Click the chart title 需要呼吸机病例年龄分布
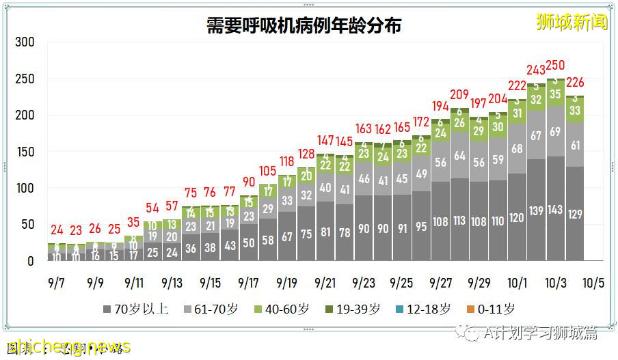point(304,26)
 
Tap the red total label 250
point(555,66)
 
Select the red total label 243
point(536,70)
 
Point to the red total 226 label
point(575,83)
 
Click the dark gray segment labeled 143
point(555,210)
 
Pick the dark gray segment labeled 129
point(575,214)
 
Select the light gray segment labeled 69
point(555,131)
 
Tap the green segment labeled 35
point(555,94)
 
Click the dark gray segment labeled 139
point(536,211)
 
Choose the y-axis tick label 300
point(25,42)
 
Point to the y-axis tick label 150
point(25,152)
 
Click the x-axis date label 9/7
point(57,282)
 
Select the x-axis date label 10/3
point(556,282)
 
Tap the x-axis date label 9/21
point(325,282)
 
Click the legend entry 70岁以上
point(137,309)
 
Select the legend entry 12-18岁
point(423,309)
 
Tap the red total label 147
point(325,141)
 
